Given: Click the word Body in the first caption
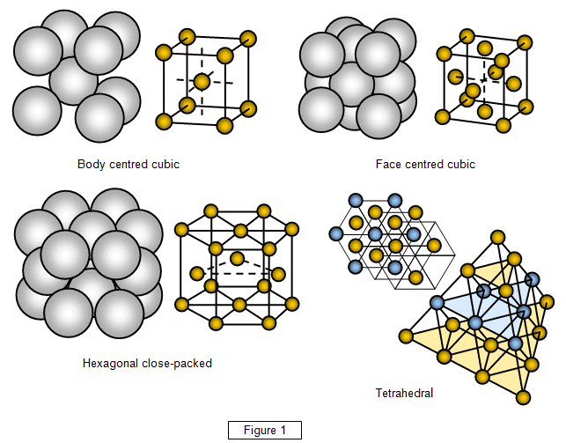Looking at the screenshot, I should click(x=92, y=165).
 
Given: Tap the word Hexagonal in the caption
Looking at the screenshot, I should click(x=111, y=363).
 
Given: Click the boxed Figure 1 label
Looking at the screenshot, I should click(x=265, y=430).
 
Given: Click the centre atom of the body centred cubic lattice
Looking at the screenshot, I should click(x=202, y=82).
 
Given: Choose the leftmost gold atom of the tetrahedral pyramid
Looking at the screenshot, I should click(x=406, y=336).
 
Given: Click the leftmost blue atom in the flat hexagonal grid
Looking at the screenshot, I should click(x=335, y=233).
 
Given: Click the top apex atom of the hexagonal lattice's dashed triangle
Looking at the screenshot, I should click(x=238, y=258).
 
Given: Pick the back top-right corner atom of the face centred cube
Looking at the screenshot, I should click(x=525, y=41).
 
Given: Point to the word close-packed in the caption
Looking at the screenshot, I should click(x=180, y=363).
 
